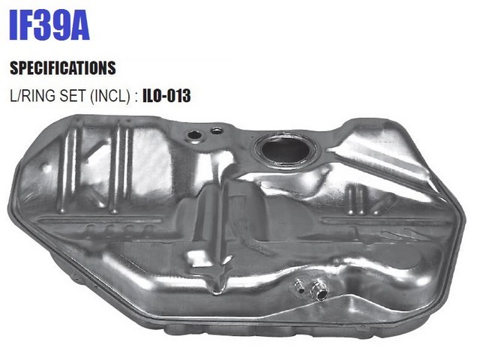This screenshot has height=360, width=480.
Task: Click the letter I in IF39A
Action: [x=13, y=25]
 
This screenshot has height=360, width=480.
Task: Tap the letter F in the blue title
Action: [x=28, y=25]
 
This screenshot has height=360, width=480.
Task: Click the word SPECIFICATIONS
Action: [x=63, y=68]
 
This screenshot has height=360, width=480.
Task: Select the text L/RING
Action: [x=32, y=95]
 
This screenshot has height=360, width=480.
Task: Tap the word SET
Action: [x=73, y=95]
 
